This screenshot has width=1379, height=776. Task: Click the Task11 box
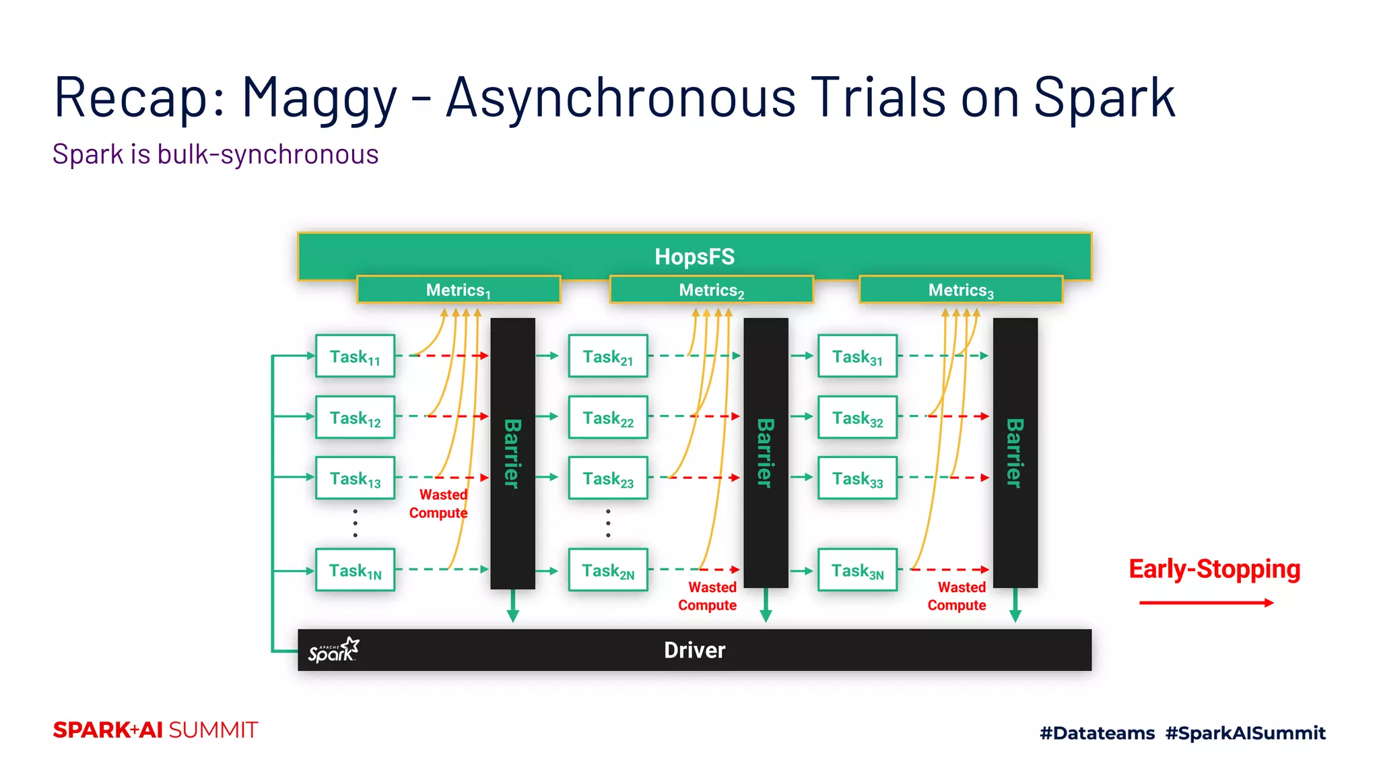coord(355,356)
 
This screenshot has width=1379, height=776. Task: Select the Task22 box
coord(608,417)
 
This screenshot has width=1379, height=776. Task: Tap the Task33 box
coord(857,478)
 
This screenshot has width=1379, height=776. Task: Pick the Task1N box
coord(355,570)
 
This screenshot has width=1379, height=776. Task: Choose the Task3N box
coord(857,570)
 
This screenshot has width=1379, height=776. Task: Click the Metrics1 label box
coord(459,290)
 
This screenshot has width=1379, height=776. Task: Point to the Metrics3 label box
coord(961,290)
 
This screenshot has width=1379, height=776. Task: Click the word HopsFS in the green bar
coord(694,257)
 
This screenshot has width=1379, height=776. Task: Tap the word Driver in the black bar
coord(694,650)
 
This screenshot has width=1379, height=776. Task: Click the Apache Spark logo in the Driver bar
coord(334,650)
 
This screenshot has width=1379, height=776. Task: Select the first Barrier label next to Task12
coord(512,453)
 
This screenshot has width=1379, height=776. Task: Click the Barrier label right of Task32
coord(1015,453)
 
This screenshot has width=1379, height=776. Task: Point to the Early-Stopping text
coord(1214,569)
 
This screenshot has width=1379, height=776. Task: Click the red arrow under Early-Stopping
coord(1206,602)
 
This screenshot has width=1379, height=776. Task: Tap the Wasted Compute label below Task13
coord(439,503)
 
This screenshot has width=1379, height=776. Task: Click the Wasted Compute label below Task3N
coord(957,596)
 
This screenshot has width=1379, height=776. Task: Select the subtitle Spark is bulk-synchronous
coord(215,154)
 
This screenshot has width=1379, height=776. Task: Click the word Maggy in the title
coord(320,99)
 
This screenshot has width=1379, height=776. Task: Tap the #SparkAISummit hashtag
coord(1245,733)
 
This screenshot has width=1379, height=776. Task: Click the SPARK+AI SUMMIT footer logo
coord(156,730)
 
